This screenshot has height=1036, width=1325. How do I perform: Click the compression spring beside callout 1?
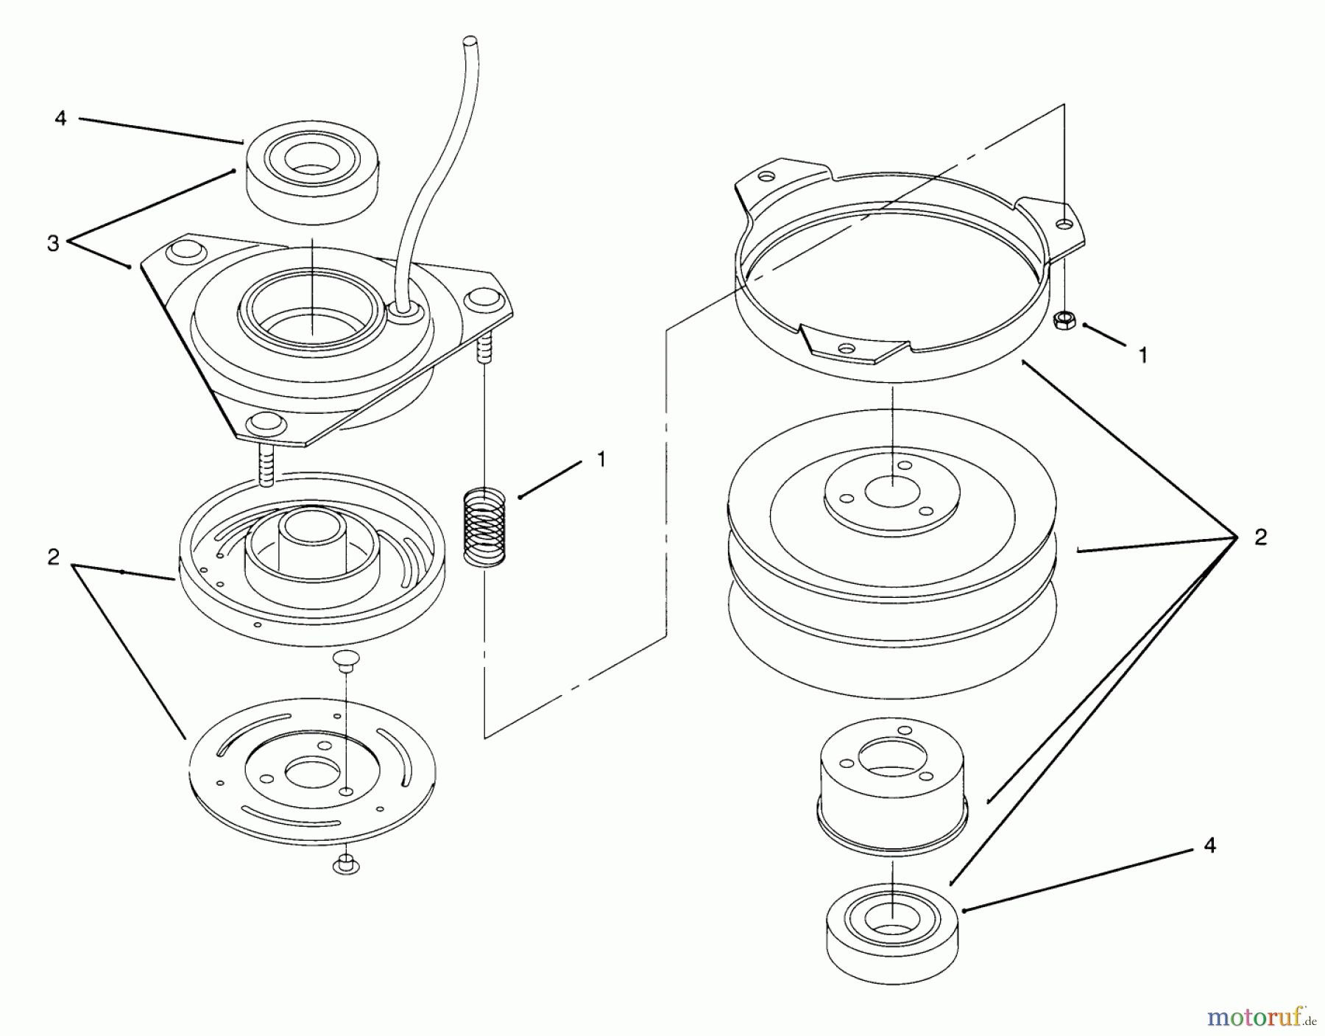[x=485, y=526]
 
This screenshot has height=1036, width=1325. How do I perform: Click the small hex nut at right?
[x=1062, y=320]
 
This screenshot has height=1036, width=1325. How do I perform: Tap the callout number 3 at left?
[x=53, y=244]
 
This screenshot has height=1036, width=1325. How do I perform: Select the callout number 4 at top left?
[x=60, y=118]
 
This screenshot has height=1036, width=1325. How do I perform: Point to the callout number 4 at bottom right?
[x=1209, y=846]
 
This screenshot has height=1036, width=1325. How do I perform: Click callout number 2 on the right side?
[x=1260, y=538]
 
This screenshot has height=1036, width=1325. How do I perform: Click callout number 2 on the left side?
[x=53, y=557]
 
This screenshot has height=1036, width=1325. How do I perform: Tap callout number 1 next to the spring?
[x=601, y=459]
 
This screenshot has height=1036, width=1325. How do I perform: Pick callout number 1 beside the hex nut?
[x=1142, y=356]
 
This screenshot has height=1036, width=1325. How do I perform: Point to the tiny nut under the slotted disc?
[x=345, y=864]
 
